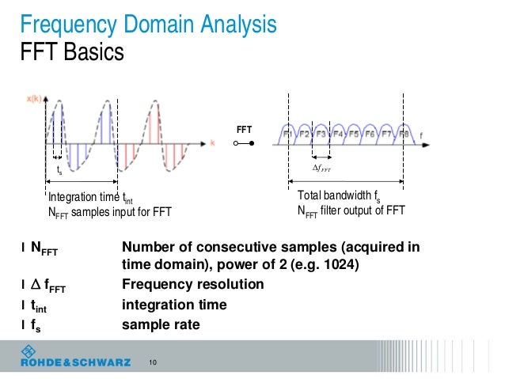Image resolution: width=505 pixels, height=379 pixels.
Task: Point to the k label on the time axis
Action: (x=213, y=142)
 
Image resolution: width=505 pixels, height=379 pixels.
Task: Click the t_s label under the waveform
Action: (x=59, y=170)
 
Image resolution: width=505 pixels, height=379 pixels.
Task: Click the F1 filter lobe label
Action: (x=288, y=135)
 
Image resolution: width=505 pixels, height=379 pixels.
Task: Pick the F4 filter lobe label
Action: (x=338, y=135)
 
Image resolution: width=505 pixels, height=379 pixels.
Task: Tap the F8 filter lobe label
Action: (x=404, y=135)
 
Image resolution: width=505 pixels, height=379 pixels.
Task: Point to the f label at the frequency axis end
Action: (x=421, y=136)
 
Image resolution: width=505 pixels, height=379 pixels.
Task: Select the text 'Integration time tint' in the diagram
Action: (x=91, y=198)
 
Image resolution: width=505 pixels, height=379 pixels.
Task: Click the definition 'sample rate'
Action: (x=161, y=324)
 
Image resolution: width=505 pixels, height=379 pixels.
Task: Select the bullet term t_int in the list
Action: (x=40, y=305)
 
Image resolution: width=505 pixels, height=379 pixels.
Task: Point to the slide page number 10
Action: (x=153, y=363)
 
